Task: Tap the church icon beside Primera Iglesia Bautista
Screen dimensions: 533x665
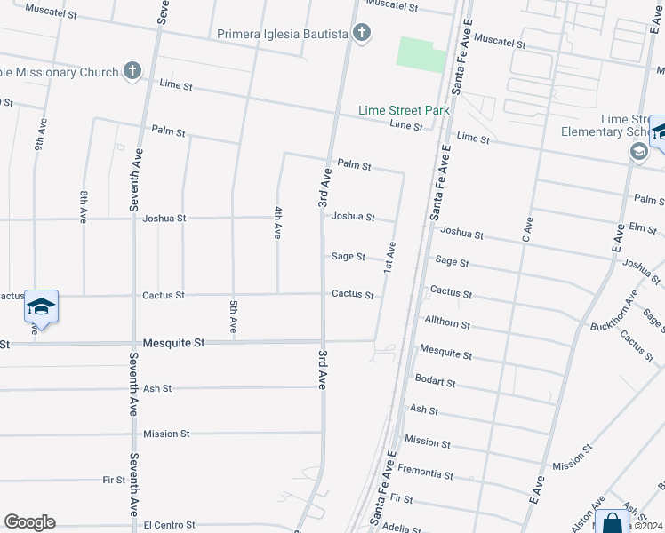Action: tap(361, 34)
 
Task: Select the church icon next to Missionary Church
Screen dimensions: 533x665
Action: tap(132, 70)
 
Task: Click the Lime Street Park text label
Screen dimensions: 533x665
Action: tap(404, 110)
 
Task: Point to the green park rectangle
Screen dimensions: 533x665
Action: tap(421, 54)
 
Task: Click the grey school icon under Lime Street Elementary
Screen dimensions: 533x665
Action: tap(638, 152)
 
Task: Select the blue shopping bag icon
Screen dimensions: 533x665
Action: tap(613, 522)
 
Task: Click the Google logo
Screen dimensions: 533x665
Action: tap(29, 522)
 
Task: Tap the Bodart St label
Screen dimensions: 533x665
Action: tap(436, 382)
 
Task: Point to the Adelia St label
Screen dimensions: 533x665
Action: tap(401, 527)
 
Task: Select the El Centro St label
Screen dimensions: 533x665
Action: tap(169, 525)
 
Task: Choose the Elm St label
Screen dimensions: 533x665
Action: tap(642, 227)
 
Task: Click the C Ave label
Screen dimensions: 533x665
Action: tap(526, 229)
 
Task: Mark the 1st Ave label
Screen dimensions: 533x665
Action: tap(389, 257)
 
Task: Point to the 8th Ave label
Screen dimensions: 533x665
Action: tap(84, 206)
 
